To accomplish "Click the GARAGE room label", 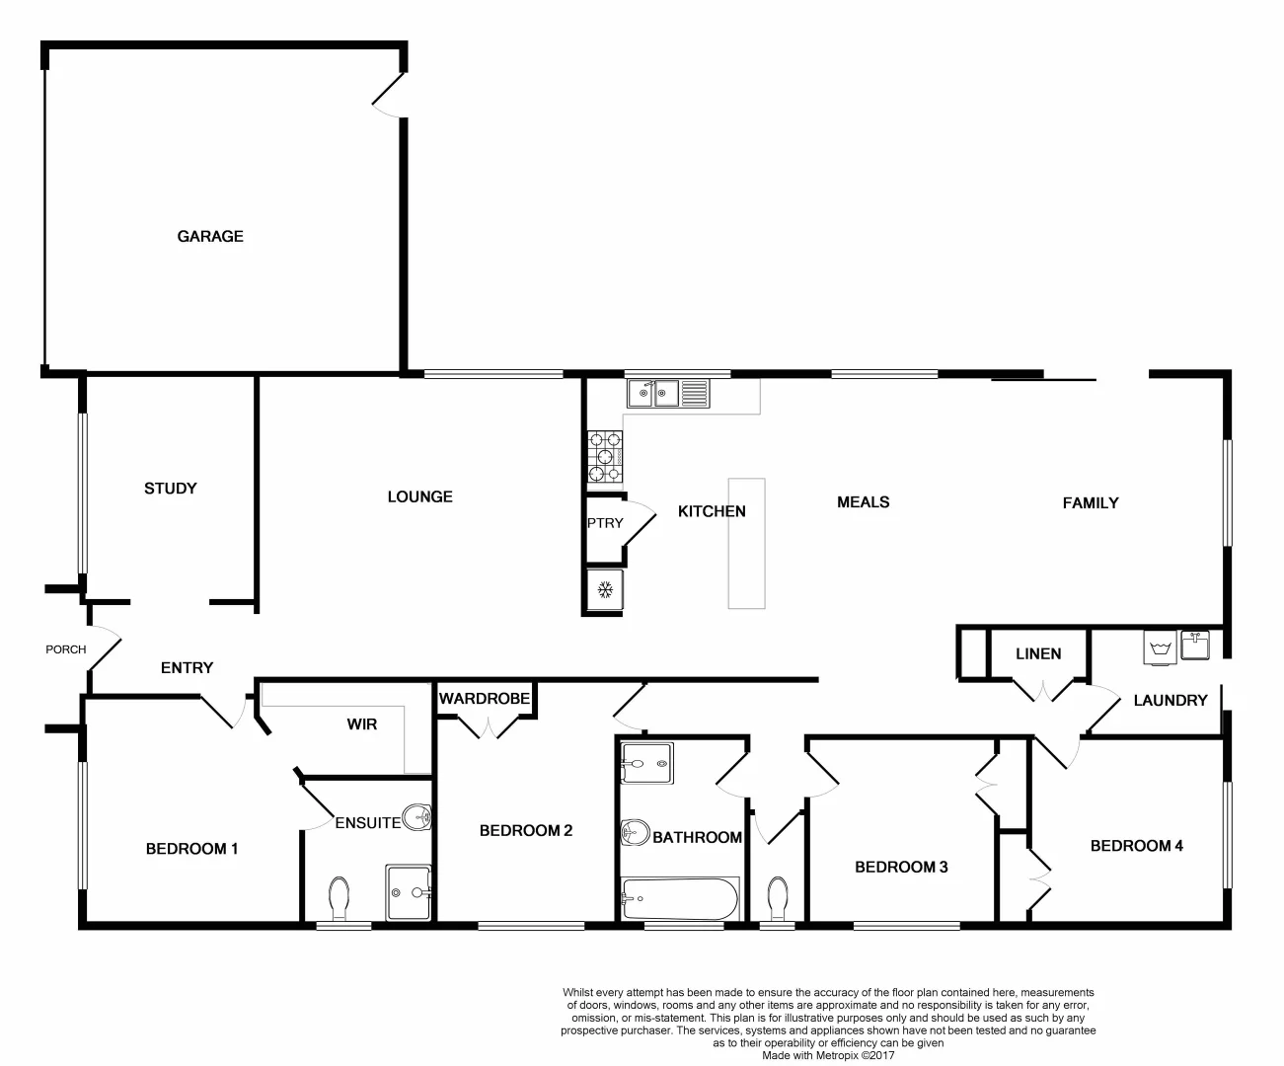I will [x=210, y=236].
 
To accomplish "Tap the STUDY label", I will [x=171, y=488].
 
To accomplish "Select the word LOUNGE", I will [x=419, y=496].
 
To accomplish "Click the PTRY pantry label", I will [x=605, y=522].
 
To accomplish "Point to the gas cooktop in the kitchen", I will [x=605, y=457].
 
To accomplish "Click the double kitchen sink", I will [x=653, y=394].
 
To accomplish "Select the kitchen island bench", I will [x=747, y=543].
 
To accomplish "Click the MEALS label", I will [x=863, y=502].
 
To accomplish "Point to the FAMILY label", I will [x=1090, y=502].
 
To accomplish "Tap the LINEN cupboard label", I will [x=1038, y=653].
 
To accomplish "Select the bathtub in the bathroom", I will [x=679, y=898].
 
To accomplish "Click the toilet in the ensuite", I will [x=339, y=897].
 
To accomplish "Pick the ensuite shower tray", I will [x=409, y=892].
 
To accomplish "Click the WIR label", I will [x=362, y=723].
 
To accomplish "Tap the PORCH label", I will [x=66, y=649].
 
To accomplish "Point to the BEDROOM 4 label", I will [x=1136, y=845].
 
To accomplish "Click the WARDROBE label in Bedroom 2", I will [x=485, y=699].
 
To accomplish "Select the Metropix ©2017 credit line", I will [x=829, y=1054].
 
